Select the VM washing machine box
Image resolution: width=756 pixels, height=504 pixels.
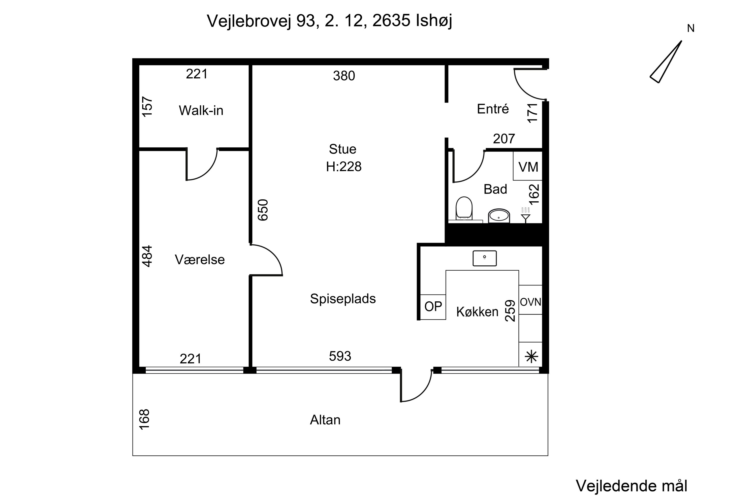528,166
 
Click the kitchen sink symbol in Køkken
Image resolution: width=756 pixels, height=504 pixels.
484,258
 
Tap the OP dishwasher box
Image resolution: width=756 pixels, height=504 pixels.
433,307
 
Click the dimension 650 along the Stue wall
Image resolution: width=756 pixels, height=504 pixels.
263,210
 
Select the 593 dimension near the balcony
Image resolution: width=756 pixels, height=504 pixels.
340,356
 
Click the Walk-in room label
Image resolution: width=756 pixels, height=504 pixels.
201,111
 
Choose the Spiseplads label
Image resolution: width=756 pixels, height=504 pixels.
343,299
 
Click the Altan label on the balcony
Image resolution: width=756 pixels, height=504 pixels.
325,420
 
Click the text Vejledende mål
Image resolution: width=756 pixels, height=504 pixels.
631,486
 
